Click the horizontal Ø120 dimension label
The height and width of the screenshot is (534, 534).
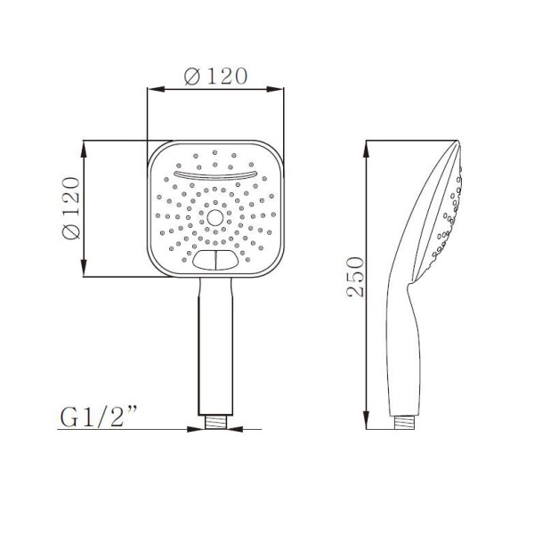click(x=215, y=76)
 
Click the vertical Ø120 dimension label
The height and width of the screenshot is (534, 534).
click(x=71, y=208)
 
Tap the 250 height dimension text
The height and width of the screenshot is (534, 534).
click(x=355, y=277)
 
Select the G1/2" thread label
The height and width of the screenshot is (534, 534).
click(x=99, y=417)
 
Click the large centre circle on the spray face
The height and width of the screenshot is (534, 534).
click(x=214, y=218)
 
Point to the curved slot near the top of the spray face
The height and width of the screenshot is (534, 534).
click(x=214, y=175)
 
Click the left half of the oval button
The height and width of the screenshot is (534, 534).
click(x=205, y=260)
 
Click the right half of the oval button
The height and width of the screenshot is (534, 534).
click(x=226, y=260)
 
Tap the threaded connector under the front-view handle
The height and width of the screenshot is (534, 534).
click(x=216, y=422)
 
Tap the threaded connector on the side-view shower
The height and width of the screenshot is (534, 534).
click(x=405, y=422)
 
